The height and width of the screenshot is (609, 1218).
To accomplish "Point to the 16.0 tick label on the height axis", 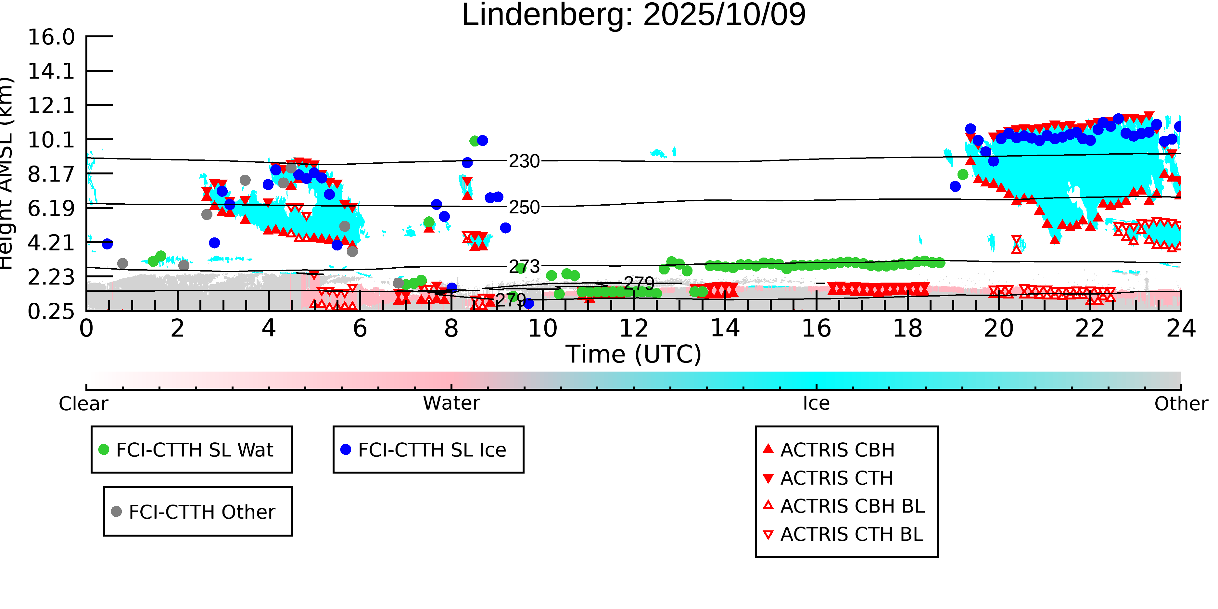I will click(51, 37).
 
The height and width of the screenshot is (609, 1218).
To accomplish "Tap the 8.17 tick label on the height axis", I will click(51, 174).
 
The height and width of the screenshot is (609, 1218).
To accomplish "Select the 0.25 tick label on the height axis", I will click(51, 311).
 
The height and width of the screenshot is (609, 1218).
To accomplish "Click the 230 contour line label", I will click(524, 161).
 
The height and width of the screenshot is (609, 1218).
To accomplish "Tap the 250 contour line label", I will click(524, 207).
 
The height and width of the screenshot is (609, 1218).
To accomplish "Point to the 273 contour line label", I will click(524, 267).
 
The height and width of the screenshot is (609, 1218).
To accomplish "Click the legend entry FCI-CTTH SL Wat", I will click(194, 450).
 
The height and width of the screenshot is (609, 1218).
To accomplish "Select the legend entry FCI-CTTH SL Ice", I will click(432, 450).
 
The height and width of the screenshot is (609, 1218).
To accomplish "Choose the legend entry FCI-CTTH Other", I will click(201, 512).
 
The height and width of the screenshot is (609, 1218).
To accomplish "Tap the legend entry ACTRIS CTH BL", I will click(851, 534).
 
